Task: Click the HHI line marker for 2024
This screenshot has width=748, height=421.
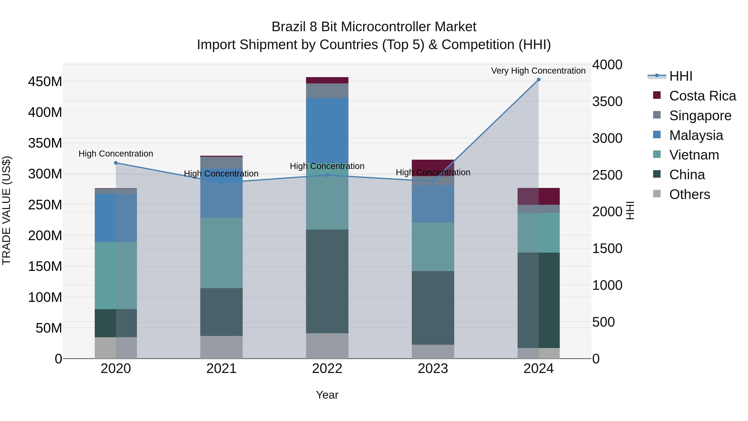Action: pyautogui.click(x=538, y=80)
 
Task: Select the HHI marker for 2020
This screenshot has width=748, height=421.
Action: pyautogui.click(x=116, y=163)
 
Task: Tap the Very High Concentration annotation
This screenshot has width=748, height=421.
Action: pyautogui.click(x=538, y=71)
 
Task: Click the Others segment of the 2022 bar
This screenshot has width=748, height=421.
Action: pyautogui.click(x=327, y=346)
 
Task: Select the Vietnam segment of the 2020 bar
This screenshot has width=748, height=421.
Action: pyautogui.click(x=116, y=275)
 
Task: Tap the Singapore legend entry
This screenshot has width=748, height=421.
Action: pyautogui.click(x=700, y=116)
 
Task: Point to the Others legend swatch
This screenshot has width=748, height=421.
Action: pyautogui.click(x=657, y=194)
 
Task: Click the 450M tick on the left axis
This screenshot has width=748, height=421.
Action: pyautogui.click(x=45, y=82)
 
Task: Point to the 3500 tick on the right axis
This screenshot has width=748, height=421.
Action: pyautogui.click(x=607, y=101)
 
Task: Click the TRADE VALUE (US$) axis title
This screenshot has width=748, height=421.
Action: pyautogui.click(x=6, y=210)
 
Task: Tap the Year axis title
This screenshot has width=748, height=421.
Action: pyautogui.click(x=327, y=395)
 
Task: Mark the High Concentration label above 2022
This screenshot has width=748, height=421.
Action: pyautogui.click(x=327, y=166)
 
